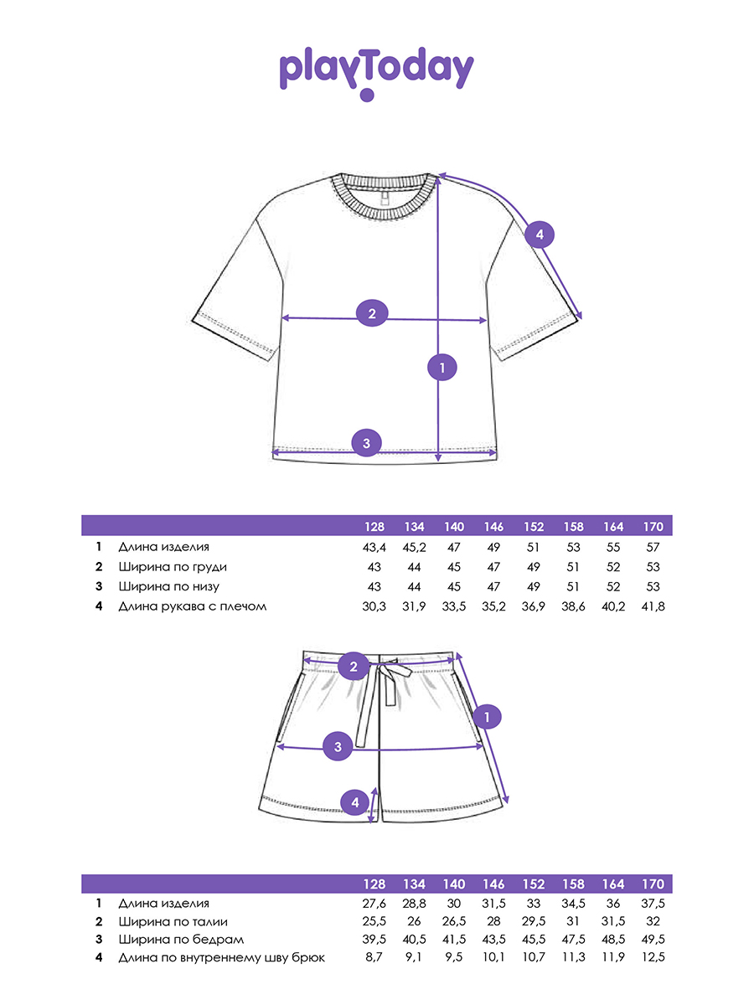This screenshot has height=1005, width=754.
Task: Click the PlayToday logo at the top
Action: pyautogui.click(x=376, y=74)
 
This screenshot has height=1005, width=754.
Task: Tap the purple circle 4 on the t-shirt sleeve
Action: pyautogui.click(x=540, y=234)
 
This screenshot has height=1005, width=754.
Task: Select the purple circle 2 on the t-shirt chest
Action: pyautogui.click(x=372, y=313)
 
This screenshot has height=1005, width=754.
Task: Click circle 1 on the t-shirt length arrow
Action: pyautogui.click(x=442, y=367)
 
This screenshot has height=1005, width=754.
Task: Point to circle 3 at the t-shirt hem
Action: pyautogui.click(x=366, y=443)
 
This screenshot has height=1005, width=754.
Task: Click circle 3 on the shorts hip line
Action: pyautogui.click(x=338, y=747)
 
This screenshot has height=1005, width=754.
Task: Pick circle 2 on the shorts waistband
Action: pyautogui.click(x=354, y=666)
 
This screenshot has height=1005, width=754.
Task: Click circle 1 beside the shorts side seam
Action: pyautogui.click(x=487, y=717)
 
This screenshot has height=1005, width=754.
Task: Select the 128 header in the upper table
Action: pyautogui.click(x=374, y=527)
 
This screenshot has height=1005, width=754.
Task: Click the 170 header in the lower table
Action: pyautogui.click(x=653, y=884)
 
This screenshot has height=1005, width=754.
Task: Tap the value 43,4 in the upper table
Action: pyautogui.click(x=374, y=547)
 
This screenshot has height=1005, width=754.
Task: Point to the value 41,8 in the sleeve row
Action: pyautogui.click(x=653, y=606)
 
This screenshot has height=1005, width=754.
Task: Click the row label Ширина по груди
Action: pyautogui.click(x=173, y=567)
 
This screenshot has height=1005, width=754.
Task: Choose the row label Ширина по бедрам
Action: pyautogui.click(x=181, y=940)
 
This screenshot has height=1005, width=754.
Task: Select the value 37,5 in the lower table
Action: pyautogui.click(x=653, y=904)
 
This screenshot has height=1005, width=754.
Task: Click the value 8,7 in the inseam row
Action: pyautogui.click(x=374, y=957)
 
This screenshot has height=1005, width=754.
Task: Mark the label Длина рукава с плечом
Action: pyautogui.click(x=193, y=606)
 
